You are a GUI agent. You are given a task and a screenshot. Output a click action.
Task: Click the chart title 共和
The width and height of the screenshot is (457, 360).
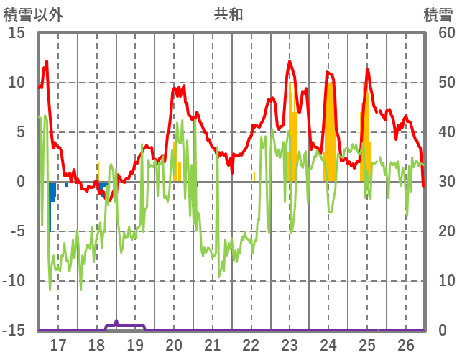click(x=228, y=14)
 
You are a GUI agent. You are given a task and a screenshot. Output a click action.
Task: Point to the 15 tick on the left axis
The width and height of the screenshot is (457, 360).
click(x=17, y=33)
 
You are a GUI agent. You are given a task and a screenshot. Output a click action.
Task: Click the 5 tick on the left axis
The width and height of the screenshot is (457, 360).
click(x=21, y=132)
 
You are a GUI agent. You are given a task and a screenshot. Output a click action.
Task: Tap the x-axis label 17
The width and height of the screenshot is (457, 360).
click(x=58, y=344)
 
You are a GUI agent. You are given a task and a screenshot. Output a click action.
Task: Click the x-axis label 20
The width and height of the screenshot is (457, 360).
click(x=174, y=344)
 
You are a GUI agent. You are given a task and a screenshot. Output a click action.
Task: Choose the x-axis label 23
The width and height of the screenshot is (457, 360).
click(x=290, y=344)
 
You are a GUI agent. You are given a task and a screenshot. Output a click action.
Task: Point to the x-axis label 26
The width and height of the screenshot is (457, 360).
click(x=406, y=344)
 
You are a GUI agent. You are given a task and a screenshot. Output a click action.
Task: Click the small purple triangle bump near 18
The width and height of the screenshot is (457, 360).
click(x=116, y=323)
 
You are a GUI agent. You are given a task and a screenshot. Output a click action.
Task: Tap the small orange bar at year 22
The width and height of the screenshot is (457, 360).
click(x=254, y=177)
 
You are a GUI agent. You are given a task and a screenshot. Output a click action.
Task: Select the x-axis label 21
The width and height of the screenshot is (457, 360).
click(x=213, y=344)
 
